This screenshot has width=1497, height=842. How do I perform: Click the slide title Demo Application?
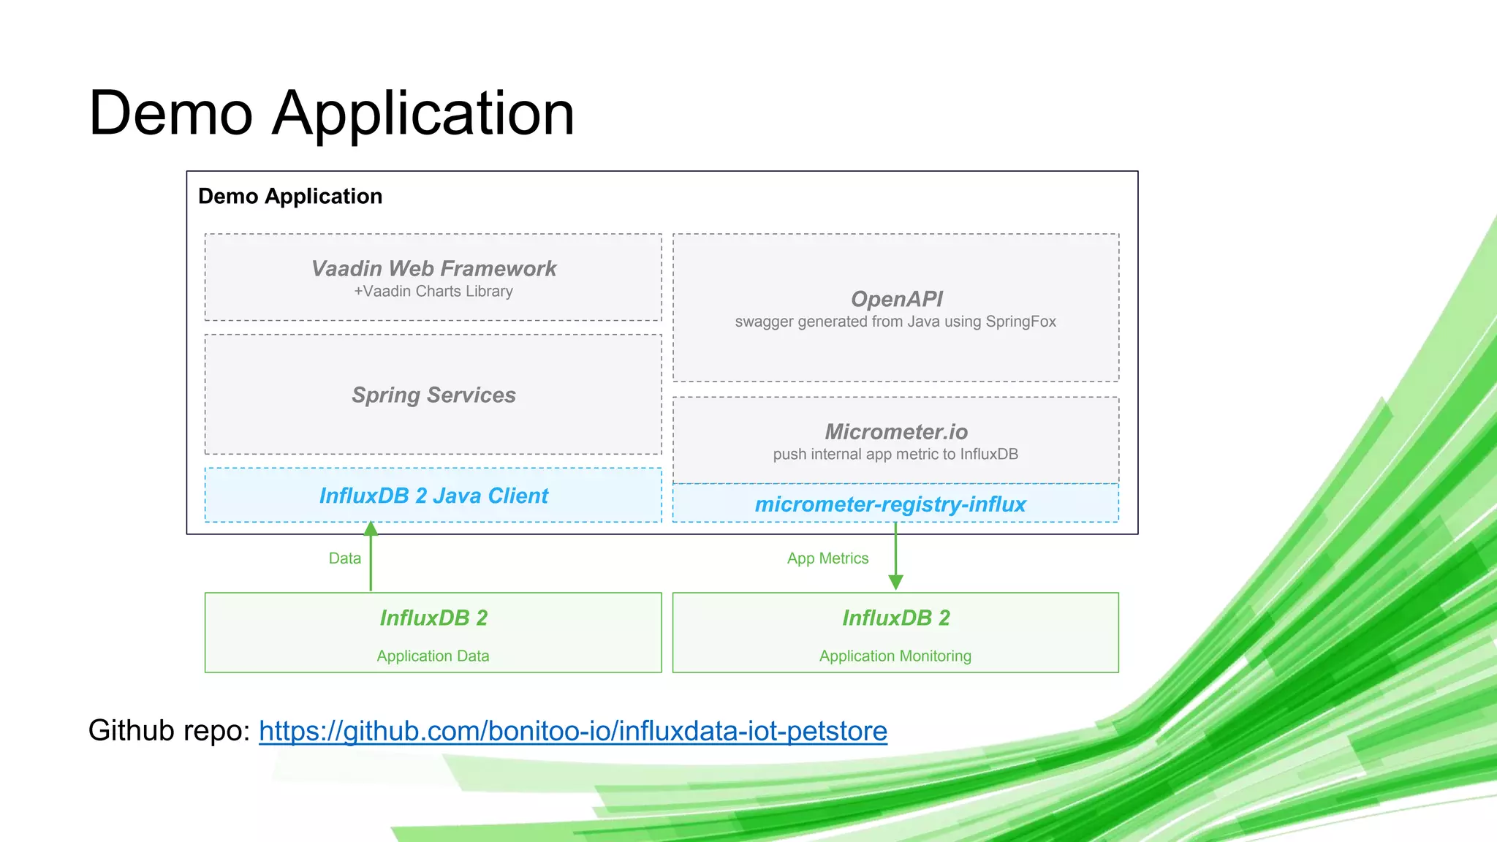tap(331, 113)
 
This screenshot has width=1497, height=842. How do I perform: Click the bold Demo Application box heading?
tap(290, 197)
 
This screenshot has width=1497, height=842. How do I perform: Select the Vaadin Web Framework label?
tap(433, 269)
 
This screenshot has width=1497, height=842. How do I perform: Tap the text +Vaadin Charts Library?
tap(433, 292)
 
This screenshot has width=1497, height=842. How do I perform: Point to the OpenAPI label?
tap(896, 299)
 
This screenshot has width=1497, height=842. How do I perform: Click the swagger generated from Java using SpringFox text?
tap(895, 322)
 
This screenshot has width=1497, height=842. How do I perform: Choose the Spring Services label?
tap(433, 395)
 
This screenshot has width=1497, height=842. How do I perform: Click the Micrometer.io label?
tap(896, 432)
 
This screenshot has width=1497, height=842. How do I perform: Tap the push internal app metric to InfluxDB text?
tap(895, 455)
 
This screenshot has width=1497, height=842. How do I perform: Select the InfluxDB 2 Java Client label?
tap(433, 496)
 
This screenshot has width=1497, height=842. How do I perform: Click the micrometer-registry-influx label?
tap(890, 504)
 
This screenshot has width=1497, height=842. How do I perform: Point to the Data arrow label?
tap(345, 558)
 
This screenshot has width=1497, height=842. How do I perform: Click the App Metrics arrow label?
tap(827, 558)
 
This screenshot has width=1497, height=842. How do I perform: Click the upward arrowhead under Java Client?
tap(371, 528)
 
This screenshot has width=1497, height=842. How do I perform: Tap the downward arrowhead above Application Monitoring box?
tap(895, 582)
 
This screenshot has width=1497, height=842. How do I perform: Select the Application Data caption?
tap(433, 656)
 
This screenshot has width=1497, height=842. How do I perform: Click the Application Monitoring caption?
tap(895, 656)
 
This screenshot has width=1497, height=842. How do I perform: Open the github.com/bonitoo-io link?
tap(573, 731)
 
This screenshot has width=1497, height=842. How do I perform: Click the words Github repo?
tap(170, 731)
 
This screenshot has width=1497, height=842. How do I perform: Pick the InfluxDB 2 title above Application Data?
tap(433, 618)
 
